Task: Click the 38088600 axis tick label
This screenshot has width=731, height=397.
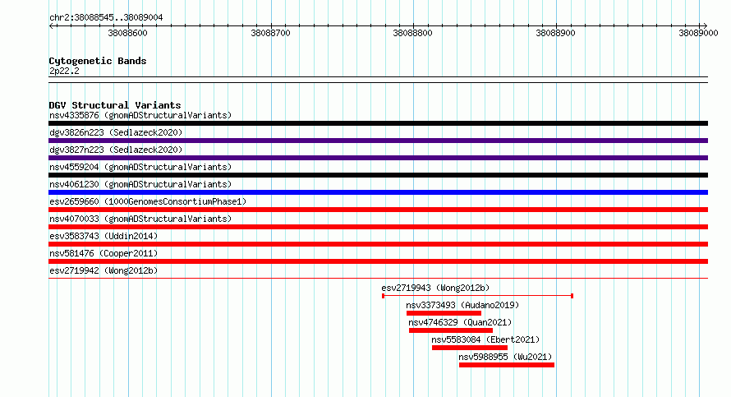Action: point(127,33)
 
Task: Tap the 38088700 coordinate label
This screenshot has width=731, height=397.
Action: point(270,33)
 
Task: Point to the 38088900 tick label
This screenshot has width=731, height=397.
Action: point(555,33)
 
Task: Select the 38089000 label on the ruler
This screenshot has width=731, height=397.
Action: point(698,33)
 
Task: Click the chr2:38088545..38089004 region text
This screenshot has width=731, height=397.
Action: point(106,18)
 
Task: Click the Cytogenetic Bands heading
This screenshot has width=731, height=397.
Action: point(98,61)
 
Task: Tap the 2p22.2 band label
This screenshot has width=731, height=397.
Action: point(64,71)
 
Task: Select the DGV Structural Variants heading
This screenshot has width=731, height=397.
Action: point(115,105)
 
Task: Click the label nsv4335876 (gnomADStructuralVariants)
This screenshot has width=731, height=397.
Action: point(140,115)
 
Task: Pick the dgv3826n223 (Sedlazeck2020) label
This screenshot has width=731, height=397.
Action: point(116,132)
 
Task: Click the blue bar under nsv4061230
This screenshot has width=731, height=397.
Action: point(378,192)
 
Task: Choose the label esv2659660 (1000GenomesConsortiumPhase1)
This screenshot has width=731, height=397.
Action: point(148,201)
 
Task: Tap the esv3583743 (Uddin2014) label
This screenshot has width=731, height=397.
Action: point(103,236)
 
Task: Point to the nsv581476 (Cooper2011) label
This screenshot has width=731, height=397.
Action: point(103,253)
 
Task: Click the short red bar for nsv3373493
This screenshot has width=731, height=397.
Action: point(444,313)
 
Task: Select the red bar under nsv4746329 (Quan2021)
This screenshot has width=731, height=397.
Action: point(451,330)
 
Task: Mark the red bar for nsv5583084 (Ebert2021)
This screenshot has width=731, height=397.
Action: point(470,348)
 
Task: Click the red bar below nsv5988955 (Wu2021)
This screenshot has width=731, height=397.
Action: point(507,365)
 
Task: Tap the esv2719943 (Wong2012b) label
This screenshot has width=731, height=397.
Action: point(435,288)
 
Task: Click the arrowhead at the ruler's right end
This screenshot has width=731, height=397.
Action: point(706,25)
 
